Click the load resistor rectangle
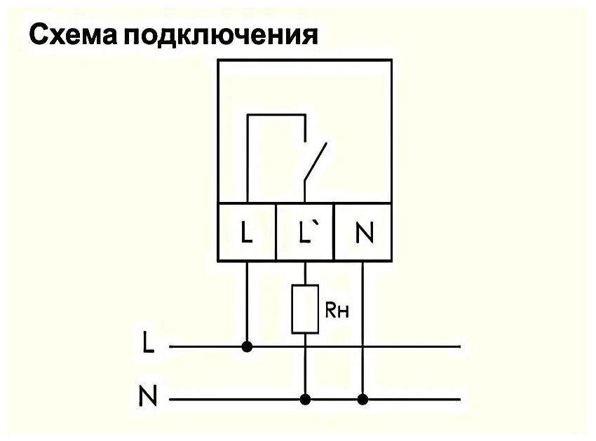pos(305,308)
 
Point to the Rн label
pos(337,309)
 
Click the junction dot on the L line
pos(247,346)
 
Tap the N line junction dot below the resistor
pos(305,400)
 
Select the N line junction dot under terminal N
pos(363,400)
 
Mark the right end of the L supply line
pos(459,346)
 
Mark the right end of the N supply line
pos(459,400)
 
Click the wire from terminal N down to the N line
pos(363,330)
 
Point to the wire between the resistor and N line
pos(305,365)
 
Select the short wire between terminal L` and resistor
pos(305,273)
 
